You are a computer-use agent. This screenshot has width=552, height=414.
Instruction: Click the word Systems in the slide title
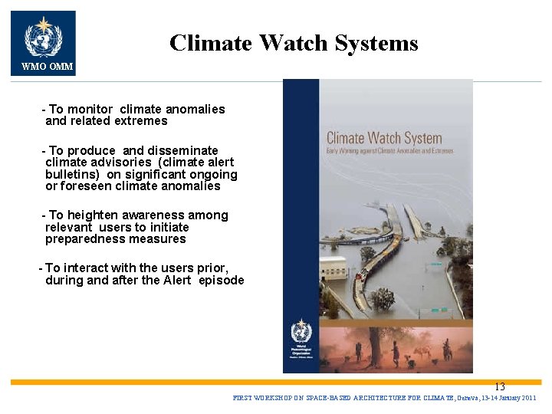click(x=378, y=43)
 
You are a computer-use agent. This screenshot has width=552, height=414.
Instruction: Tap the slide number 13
click(x=499, y=387)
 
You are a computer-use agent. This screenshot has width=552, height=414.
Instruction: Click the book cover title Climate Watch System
click(x=384, y=139)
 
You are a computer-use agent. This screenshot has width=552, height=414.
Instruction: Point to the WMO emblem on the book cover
click(x=301, y=333)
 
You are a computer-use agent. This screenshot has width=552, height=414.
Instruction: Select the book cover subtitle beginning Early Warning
click(x=389, y=151)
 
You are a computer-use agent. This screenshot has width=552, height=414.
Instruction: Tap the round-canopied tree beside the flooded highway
click(x=383, y=298)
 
